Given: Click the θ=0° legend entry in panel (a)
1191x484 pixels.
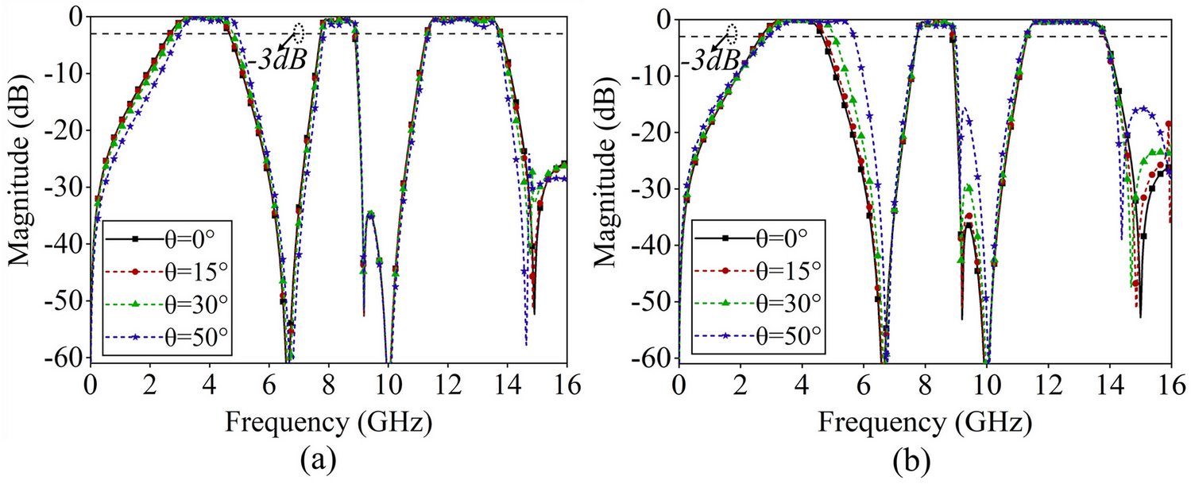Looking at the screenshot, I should pyautogui.click(x=168, y=237).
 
